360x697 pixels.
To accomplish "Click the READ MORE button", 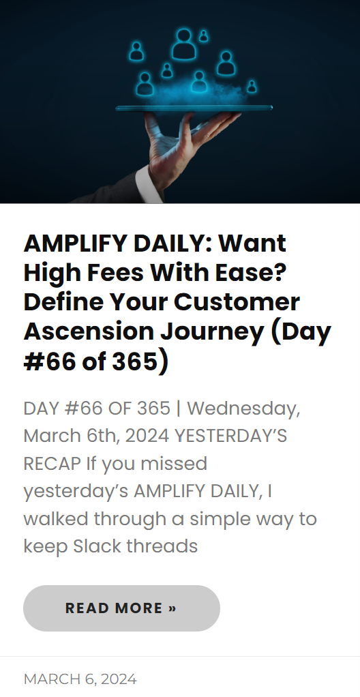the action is [121, 608].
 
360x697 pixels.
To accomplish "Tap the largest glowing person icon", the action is [183, 44].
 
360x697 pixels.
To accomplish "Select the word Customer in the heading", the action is [237, 301].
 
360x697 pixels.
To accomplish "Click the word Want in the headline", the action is [252, 243].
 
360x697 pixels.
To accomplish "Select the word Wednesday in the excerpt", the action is [243, 409].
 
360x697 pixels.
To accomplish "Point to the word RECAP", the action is [52, 463].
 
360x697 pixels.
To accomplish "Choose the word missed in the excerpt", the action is [177, 463].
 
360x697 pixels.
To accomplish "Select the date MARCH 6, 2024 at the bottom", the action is [80, 679].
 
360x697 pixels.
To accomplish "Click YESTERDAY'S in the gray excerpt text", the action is [230, 436].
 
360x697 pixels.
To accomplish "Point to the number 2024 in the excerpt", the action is [147, 436].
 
